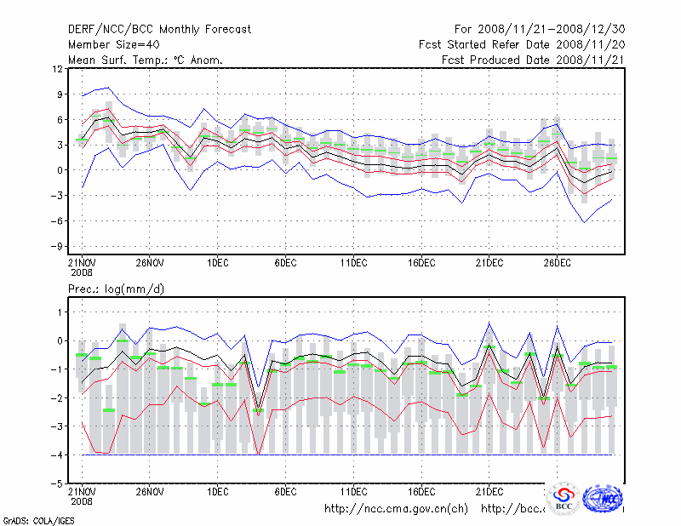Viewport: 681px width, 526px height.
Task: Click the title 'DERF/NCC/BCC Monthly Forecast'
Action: (159, 30)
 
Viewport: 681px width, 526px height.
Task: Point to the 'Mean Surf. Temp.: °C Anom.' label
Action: (146, 60)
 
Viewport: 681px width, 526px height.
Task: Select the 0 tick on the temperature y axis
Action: (60, 170)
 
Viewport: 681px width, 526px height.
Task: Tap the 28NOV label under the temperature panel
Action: (149, 264)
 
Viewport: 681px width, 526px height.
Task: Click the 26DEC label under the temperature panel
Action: (557, 264)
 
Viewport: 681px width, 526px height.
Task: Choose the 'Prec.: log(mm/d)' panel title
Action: (116, 289)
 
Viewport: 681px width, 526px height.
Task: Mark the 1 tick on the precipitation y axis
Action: (60, 312)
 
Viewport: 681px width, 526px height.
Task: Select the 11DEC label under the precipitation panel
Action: (353, 492)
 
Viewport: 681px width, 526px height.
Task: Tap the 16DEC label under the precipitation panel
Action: (421, 492)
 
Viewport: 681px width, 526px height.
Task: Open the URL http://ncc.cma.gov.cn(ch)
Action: (397, 509)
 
